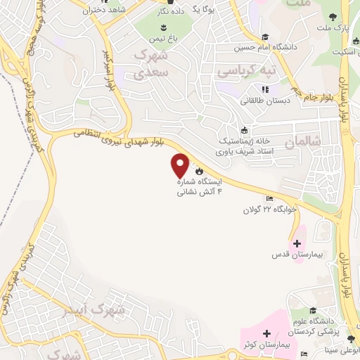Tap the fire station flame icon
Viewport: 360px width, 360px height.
[x=200, y=171]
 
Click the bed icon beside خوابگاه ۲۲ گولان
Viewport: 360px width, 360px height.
[x=270, y=199]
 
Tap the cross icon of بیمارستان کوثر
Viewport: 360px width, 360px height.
[x=266, y=333]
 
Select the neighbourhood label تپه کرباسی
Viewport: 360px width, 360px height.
[x=245, y=72]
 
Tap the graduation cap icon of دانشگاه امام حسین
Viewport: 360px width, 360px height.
[x=265, y=37]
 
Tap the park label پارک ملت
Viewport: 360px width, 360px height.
[x=340, y=28]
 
